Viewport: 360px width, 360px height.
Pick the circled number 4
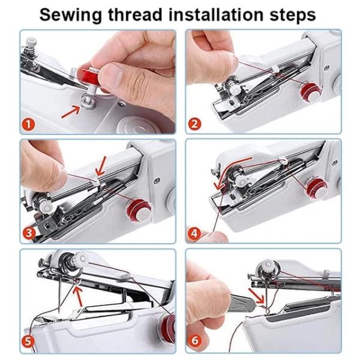click(195, 233)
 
